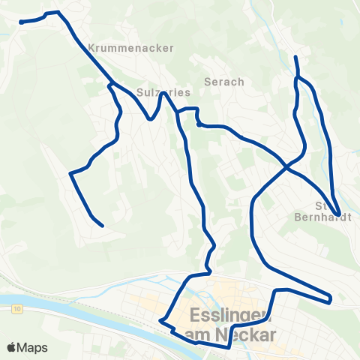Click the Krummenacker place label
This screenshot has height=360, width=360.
coord(131,47)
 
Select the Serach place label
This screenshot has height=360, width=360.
coord(224,82)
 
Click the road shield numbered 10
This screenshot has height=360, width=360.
coord(17,309)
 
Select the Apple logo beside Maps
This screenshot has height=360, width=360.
coord(13,348)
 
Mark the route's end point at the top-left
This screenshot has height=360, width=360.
coord(20,22)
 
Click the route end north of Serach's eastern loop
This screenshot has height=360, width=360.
coord(295,57)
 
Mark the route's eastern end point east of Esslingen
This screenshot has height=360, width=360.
coord(330,301)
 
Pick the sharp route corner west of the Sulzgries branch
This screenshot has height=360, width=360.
coord(70,174)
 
